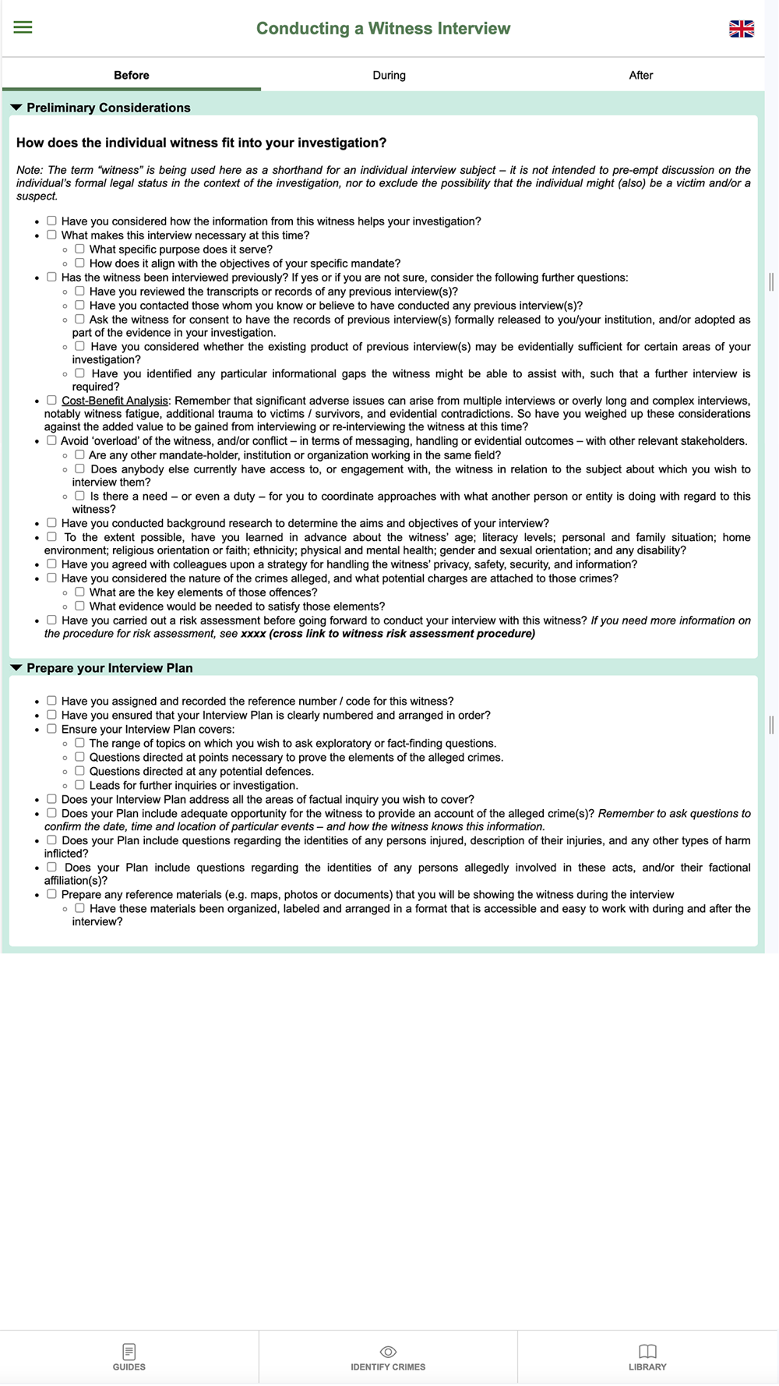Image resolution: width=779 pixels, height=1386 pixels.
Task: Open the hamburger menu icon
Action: [23, 28]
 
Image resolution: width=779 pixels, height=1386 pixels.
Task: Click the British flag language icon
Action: [741, 29]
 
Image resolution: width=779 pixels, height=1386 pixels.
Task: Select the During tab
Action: [389, 76]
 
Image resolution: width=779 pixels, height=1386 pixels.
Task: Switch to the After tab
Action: [640, 76]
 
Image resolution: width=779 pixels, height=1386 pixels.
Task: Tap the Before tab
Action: [131, 76]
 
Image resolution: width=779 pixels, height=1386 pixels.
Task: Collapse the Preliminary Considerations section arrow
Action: [16, 108]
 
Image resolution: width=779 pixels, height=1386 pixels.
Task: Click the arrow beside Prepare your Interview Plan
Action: [16, 668]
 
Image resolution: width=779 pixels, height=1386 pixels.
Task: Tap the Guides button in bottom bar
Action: [129, 1357]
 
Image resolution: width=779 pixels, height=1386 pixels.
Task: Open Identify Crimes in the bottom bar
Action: [388, 1357]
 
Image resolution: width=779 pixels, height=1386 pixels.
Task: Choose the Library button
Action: [647, 1357]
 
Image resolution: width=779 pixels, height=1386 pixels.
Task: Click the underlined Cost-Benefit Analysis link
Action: [115, 401]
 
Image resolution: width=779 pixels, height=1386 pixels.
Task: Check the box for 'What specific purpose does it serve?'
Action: [79, 249]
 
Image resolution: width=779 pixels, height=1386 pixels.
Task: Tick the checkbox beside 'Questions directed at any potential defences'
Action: [79, 771]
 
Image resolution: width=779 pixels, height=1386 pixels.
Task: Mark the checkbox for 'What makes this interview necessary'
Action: [51, 235]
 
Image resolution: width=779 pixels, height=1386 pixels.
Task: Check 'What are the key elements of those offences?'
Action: [79, 592]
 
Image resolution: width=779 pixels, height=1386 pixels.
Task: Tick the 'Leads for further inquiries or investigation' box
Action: [79, 785]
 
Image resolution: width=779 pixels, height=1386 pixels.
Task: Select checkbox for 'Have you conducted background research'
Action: [51, 522]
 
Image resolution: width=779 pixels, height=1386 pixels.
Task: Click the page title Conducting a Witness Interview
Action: [383, 29]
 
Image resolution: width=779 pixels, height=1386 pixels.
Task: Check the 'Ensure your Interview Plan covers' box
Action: [51, 729]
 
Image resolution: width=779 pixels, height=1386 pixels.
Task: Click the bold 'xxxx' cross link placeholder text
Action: [253, 634]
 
